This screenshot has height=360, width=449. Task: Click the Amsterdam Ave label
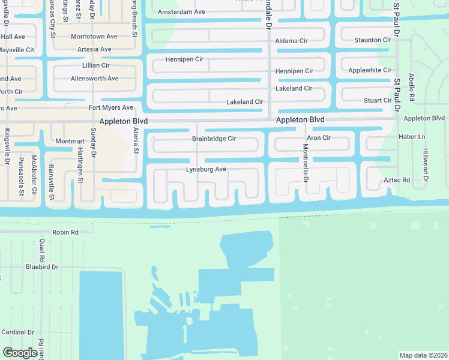pos(181,12)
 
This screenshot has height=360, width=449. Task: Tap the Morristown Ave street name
pos(94,37)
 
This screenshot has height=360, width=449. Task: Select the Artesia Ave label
pos(90,49)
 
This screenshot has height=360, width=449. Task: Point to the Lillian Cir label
pos(96,65)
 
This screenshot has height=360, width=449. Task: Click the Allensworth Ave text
pos(94,79)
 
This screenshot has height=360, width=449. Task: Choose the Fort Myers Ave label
pos(111,108)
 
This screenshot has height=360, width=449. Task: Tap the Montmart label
pos(70,141)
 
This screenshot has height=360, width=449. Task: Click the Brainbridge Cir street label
pos(214,139)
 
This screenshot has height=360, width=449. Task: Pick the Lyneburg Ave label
pos(206,170)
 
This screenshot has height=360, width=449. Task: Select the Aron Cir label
pos(319,138)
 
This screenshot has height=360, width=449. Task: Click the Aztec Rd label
pos(397,180)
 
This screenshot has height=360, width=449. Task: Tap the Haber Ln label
pos(412,137)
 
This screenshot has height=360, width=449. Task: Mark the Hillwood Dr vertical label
pos(426,165)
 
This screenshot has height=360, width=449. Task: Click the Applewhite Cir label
pos(370,70)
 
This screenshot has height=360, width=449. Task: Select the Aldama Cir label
pos(291,41)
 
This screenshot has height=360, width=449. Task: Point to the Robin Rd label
pos(65,232)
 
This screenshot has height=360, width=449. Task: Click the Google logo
pos(20,353)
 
